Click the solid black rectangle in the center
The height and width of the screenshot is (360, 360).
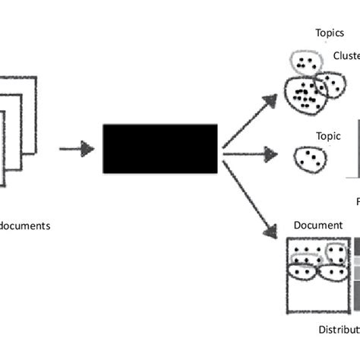[x=160, y=150]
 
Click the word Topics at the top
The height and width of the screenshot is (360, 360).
[x=330, y=33]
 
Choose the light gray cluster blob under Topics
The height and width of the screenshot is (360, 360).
[x=308, y=64]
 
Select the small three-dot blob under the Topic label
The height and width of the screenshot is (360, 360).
[x=311, y=159]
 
